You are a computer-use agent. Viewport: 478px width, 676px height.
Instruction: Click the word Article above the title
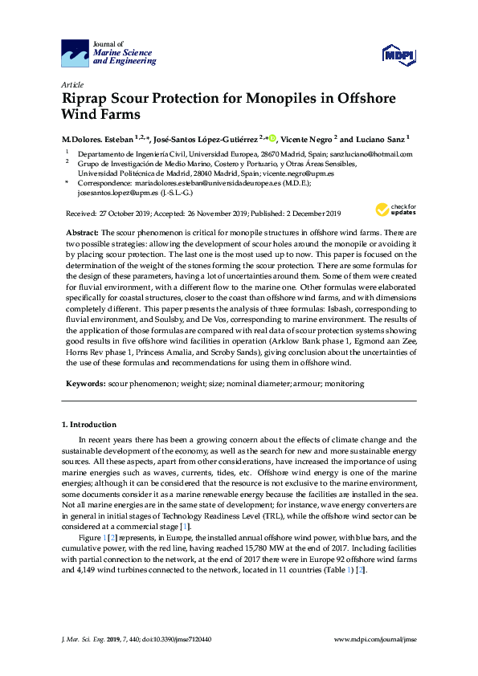click(72, 83)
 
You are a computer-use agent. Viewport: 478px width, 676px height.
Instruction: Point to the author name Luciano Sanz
click(381, 137)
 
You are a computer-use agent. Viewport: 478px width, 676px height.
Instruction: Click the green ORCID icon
click(272, 137)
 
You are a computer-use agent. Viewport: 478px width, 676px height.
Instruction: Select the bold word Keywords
click(85, 384)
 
